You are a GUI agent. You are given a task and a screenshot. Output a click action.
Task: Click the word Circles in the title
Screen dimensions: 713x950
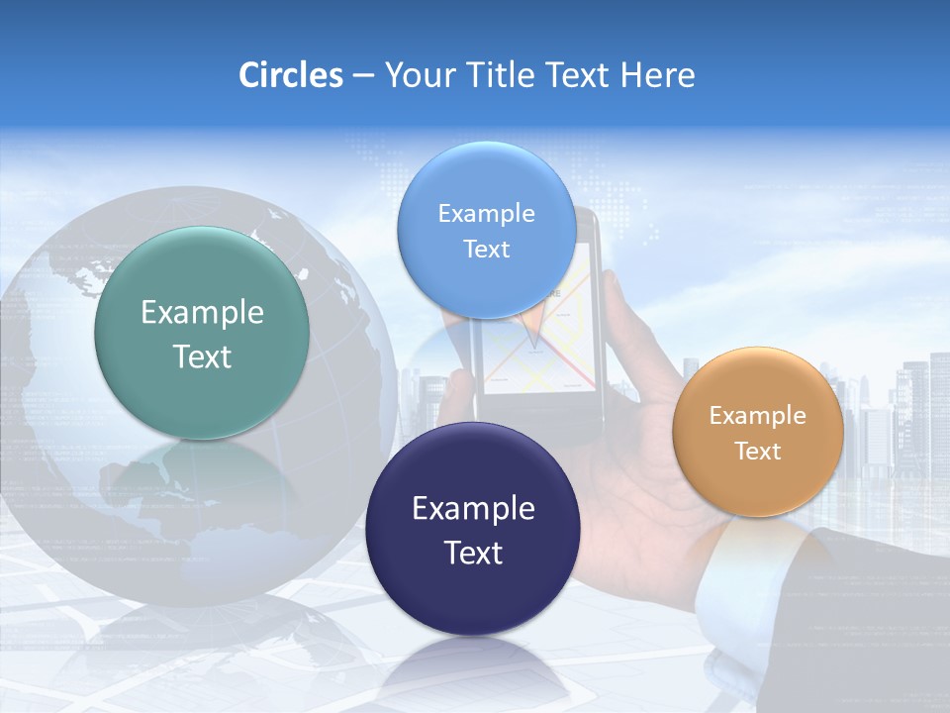(x=291, y=75)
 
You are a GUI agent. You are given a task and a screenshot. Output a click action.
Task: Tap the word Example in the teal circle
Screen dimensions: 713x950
(x=202, y=313)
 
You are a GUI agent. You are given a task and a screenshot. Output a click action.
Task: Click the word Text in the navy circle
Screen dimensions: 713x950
(x=473, y=553)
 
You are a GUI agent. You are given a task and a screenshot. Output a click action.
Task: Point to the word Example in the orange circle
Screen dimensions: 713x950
(x=757, y=416)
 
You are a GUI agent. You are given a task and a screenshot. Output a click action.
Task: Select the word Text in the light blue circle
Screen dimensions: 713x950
(x=486, y=249)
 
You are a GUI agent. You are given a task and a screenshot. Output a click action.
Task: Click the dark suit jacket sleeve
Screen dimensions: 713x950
(x=871, y=614)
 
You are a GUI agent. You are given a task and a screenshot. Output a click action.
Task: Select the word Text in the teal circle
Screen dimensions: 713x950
(x=202, y=356)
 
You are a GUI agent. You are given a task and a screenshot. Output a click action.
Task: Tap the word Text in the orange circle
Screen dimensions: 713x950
(x=757, y=452)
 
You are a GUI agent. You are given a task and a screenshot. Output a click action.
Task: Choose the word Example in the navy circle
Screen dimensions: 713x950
(x=473, y=509)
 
